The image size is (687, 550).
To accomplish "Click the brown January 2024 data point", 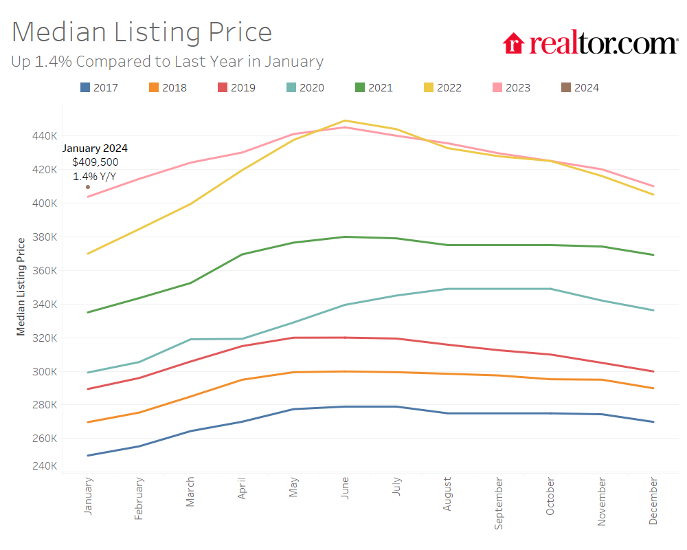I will (x=88, y=187).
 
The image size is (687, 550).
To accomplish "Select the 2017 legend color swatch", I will (x=85, y=87).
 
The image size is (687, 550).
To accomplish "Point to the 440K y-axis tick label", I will (x=45, y=136).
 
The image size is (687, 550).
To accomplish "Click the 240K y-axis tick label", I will (x=45, y=466).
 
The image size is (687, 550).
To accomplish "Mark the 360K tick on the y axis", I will (x=45, y=271).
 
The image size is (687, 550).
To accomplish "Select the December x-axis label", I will (x=653, y=503).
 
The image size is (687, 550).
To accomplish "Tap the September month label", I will (x=499, y=505).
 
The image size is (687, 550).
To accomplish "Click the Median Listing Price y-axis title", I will (x=21, y=286).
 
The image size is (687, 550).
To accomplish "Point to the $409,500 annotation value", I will (x=95, y=162).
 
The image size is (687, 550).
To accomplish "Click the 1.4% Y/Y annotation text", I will (x=95, y=176).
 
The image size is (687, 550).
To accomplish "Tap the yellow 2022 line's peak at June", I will (x=345, y=120).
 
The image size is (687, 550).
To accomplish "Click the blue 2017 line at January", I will (x=88, y=455).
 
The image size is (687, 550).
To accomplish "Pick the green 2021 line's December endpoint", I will (x=653, y=255).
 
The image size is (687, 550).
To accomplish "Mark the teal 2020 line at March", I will (x=190, y=339).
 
